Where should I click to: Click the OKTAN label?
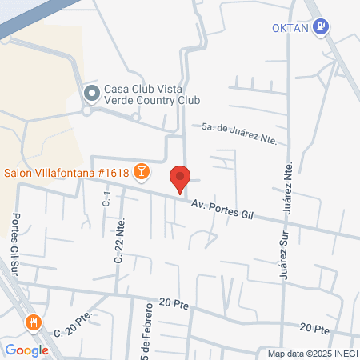tap(289, 26)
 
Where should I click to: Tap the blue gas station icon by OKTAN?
tap(321, 26)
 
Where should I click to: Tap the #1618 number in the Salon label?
tap(110, 172)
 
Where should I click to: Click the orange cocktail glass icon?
tap(142, 171)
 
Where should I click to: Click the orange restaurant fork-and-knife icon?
tap(33, 323)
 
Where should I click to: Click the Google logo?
tap(26, 350)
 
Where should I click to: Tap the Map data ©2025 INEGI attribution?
tap(312, 354)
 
